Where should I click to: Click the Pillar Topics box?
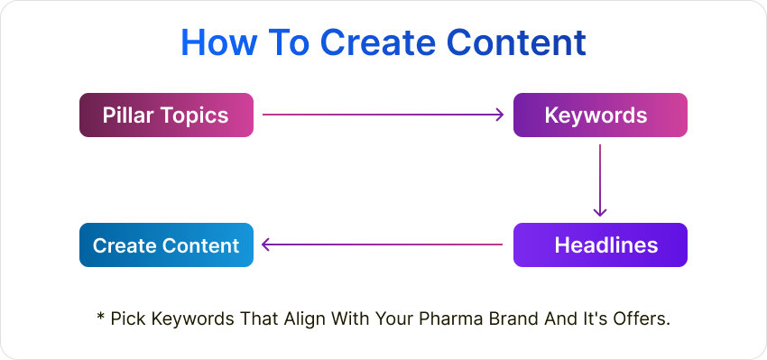[166, 115]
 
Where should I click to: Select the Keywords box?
[600, 115]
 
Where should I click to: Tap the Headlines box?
[600, 245]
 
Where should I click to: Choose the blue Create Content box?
[166, 245]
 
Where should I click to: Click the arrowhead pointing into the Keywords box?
[498, 115]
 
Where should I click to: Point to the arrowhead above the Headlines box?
[600, 211]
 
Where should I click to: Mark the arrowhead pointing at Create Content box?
[267, 245]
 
